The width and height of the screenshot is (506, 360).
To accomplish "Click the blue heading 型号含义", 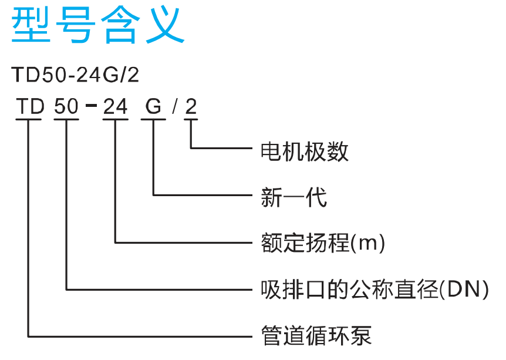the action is click(x=98, y=25).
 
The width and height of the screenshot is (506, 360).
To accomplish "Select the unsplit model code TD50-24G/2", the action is click(x=75, y=75).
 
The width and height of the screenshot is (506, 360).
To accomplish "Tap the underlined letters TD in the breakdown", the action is click(x=30, y=106).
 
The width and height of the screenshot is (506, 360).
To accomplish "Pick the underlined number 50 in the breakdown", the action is click(x=66, y=106).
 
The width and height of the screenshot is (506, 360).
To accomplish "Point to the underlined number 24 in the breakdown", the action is click(x=115, y=106).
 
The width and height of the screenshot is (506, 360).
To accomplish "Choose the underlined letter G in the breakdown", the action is click(x=153, y=106).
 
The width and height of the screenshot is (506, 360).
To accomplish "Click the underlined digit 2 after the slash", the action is click(x=191, y=106).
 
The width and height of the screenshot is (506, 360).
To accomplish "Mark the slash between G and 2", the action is click(x=174, y=106).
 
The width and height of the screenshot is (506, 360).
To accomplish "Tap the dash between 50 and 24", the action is click(x=92, y=105).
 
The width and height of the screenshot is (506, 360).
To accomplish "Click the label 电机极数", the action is click(x=304, y=151).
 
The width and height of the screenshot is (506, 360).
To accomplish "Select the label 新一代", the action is click(x=294, y=197).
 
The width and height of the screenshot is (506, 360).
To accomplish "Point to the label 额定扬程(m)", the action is click(x=323, y=243).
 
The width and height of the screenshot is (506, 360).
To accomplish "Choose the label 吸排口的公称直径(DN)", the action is click(x=375, y=290).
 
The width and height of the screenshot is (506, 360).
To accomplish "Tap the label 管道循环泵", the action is click(x=316, y=336).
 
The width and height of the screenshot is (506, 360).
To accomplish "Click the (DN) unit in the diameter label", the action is click(x=464, y=290).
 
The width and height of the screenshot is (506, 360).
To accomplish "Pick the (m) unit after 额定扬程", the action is click(x=367, y=243).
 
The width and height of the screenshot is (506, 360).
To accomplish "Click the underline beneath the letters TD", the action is click(x=28, y=119).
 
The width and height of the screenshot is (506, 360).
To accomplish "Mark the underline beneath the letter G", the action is click(x=153, y=119).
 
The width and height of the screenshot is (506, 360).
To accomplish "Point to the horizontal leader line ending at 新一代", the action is click(x=203, y=195).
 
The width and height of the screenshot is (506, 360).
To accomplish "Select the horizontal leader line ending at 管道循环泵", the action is click(x=140, y=337).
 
